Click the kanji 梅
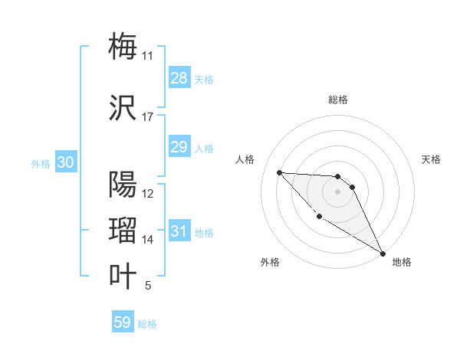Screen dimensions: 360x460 [123, 46]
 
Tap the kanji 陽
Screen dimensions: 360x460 [123, 185]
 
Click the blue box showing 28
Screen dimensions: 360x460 [179, 78]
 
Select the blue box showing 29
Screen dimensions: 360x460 [179, 147]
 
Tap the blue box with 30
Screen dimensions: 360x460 [65, 162]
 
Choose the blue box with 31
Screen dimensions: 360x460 [179, 231]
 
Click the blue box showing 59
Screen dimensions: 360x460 [123, 322]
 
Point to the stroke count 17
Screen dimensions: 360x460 [148, 117]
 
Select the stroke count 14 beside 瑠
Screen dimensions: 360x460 [148, 240]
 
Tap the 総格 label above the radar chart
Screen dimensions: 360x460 [338, 100]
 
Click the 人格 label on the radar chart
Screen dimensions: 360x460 [245, 159]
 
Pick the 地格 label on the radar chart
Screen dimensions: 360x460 [402, 263]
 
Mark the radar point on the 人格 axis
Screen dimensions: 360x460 [279, 172]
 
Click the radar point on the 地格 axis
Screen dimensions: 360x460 [383, 254]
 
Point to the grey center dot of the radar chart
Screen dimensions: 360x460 [338, 191]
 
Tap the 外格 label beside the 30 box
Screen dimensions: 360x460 [40, 163]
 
